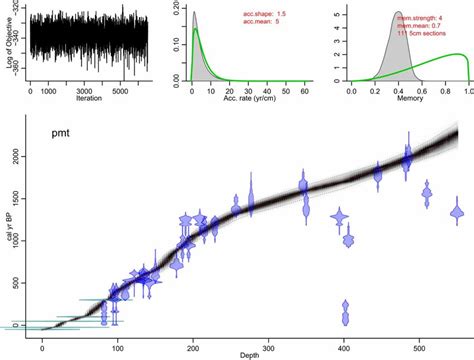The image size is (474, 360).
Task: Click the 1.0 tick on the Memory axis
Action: (467, 91)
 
